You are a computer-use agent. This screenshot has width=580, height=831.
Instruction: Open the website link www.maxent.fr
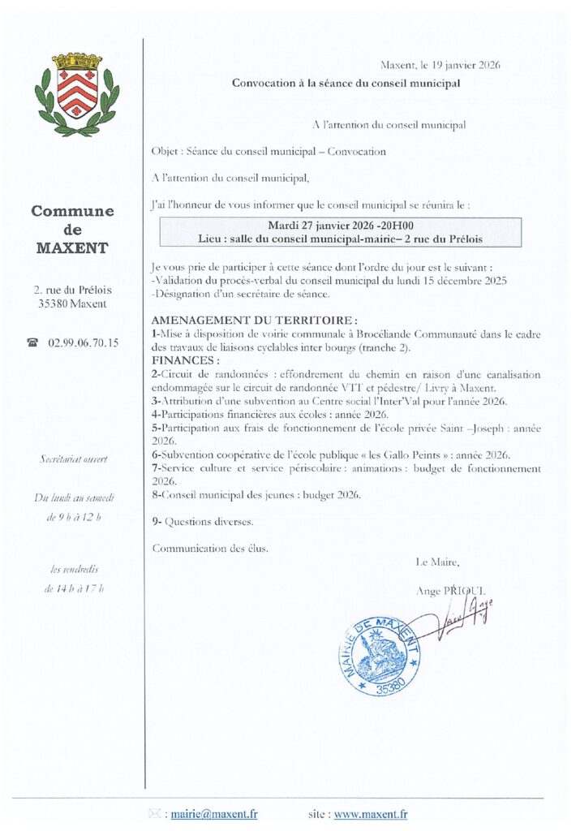point(371,814)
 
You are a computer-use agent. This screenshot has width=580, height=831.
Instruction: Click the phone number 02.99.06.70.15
point(84,343)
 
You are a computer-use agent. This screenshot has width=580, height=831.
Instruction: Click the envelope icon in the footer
point(155,814)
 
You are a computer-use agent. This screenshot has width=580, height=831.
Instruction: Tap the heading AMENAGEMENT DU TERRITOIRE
point(255,321)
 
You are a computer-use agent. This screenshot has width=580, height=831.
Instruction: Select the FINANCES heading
point(184,360)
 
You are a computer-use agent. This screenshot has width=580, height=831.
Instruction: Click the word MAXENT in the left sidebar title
point(73,248)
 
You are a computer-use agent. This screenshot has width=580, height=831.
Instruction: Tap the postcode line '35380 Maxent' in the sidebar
point(73,304)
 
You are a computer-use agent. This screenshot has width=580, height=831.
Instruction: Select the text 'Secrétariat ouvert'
point(73,460)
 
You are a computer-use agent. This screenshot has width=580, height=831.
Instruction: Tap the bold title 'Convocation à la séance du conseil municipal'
point(346,83)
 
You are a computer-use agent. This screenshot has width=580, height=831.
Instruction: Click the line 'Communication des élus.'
point(210,548)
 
